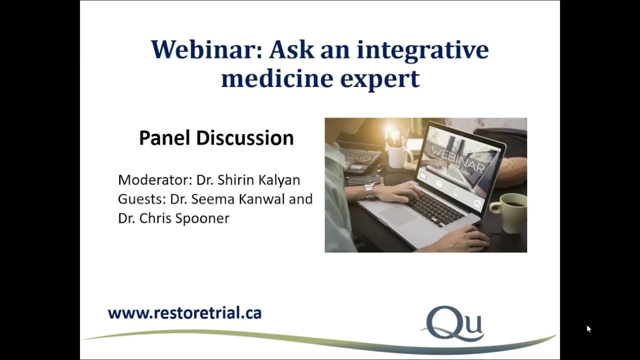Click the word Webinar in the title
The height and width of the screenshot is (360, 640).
[x=207, y=49]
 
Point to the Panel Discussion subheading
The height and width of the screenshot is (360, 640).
[x=216, y=138]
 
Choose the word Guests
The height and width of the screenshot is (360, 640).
[x=141, y=199]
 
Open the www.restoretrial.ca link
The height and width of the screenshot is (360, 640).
[x=184, y=313]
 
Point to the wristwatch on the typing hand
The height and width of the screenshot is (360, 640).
[x=369, y=190]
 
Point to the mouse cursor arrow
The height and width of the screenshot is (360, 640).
[x=588, y=328]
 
